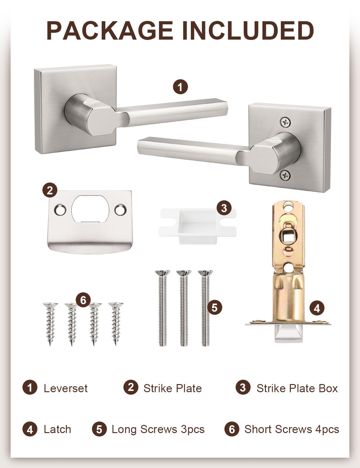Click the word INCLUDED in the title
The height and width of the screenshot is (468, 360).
tap(248, 31)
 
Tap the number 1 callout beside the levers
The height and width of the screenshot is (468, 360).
tap(180, 87)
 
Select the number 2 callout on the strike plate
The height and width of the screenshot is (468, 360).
tap(50, 190)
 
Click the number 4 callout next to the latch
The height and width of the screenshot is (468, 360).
tap(317, 308)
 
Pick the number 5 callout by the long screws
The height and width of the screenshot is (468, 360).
tap(214, 308)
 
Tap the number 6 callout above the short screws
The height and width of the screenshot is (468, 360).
tap(83, 300)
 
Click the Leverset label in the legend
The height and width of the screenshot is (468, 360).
tap(65, 388)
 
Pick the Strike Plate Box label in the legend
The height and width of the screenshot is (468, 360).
tap(297, 388)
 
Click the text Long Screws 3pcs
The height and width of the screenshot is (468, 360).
tap(158, 429)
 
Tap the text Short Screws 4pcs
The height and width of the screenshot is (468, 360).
tap(291, 429)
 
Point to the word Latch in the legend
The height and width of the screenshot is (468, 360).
tap(57, 429)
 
